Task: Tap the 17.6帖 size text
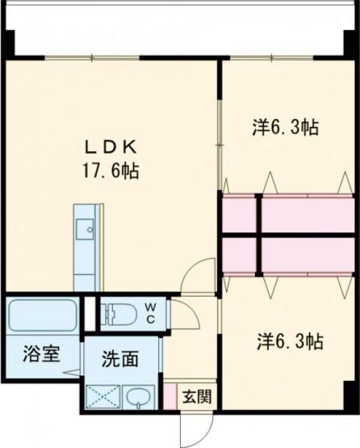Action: point(111,171)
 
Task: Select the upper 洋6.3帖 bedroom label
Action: point(285,127)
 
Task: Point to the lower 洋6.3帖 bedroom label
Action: point(290,342)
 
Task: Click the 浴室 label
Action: point(41,353)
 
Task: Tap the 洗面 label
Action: point(120,358)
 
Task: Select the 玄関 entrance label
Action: point(197,397)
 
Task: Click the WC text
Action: point(151,313)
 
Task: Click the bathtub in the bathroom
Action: point(42,315)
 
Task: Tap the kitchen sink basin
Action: point(85,229)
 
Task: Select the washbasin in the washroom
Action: point(139,397)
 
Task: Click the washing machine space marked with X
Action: point(103,397)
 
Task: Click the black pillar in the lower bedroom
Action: point(348,396)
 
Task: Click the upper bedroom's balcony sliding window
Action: point(272,58)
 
